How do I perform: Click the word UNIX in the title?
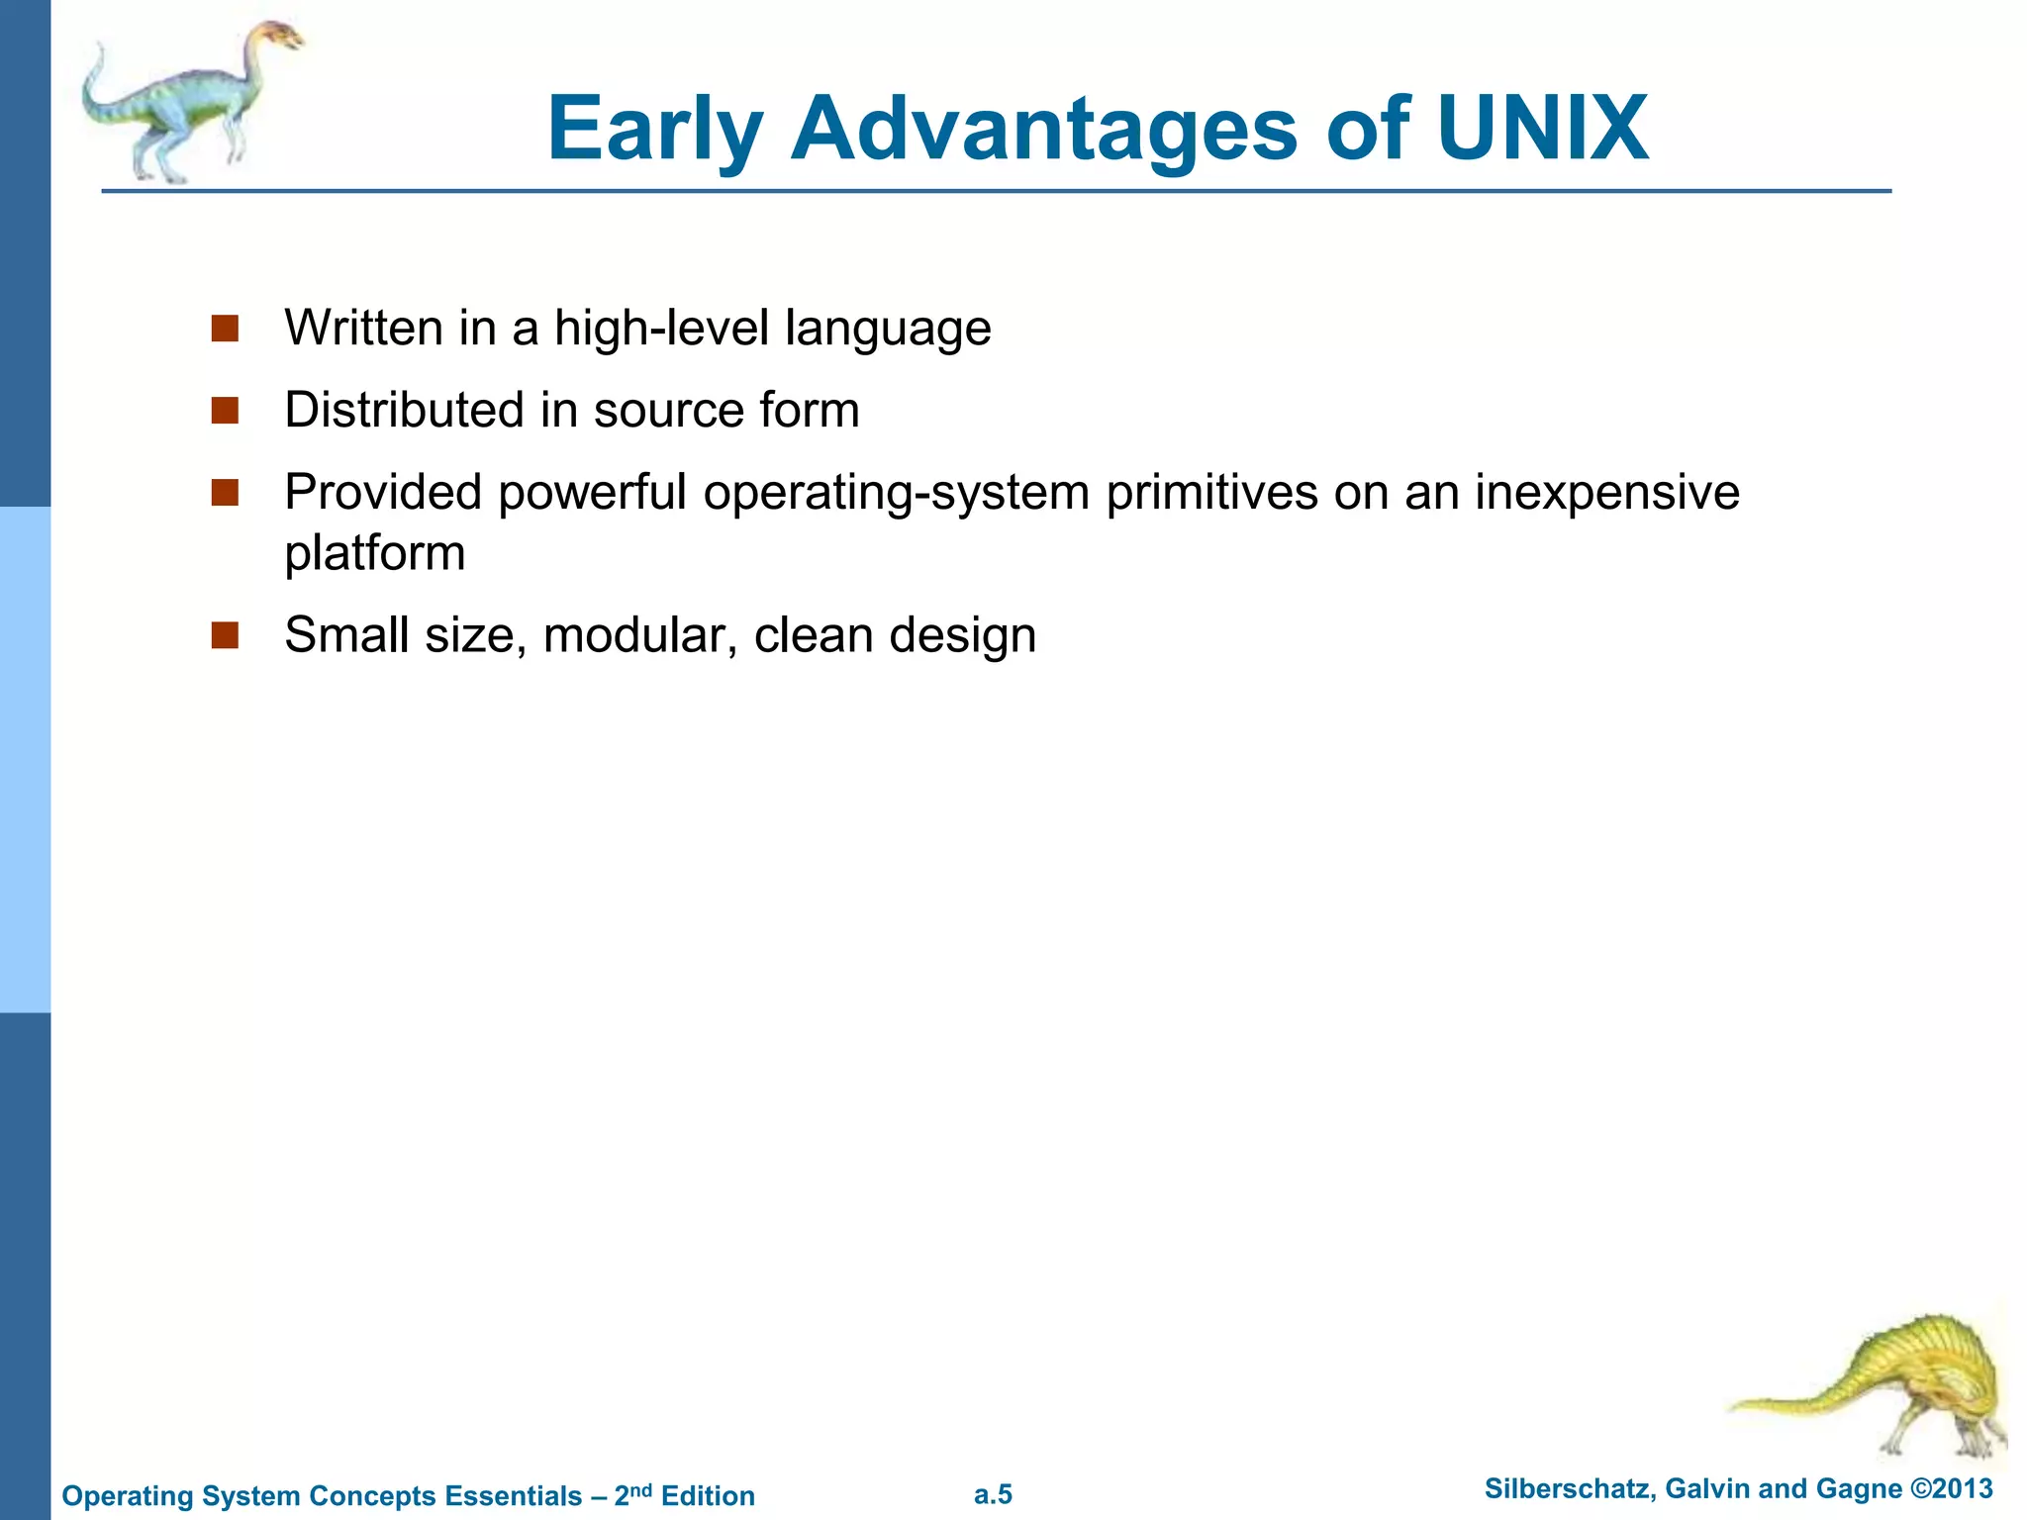(x=1541, y=129)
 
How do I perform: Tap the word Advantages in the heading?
(x=1043, y=129)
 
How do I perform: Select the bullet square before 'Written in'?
(x=225, y=329)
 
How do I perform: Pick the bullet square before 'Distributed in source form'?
(x=225, y=411)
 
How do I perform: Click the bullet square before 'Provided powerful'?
(x=225, y=493)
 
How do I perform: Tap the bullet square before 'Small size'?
(x=225, y=635)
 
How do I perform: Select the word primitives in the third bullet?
(x=1211, y=493)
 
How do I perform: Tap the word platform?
(x=374, y=553)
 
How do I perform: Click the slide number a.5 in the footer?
(x=993, y=1494)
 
